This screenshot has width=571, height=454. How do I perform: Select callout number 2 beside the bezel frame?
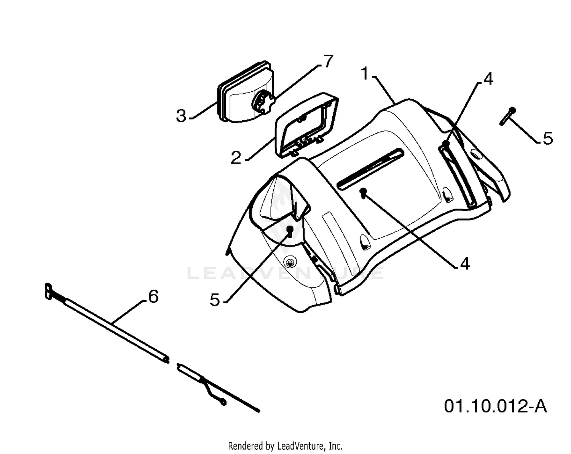coord(236,158)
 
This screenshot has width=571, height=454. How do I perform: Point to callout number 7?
coord(329,61)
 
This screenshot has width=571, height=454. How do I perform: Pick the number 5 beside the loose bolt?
coord(548,138)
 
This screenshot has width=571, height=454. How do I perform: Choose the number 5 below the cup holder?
coord(215,300)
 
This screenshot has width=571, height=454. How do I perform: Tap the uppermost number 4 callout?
coord(488,79)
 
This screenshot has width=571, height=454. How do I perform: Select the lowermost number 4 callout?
coord(464,263)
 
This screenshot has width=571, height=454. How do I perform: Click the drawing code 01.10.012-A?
coord(495,406)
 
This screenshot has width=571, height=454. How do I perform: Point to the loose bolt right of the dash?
coord(507,116)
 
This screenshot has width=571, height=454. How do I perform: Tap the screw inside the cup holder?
coord(290,231)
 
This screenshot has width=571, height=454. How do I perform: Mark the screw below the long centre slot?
coord(363,193)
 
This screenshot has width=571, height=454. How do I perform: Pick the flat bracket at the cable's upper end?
coord(48,291)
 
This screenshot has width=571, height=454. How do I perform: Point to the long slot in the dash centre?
coord(370,169)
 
